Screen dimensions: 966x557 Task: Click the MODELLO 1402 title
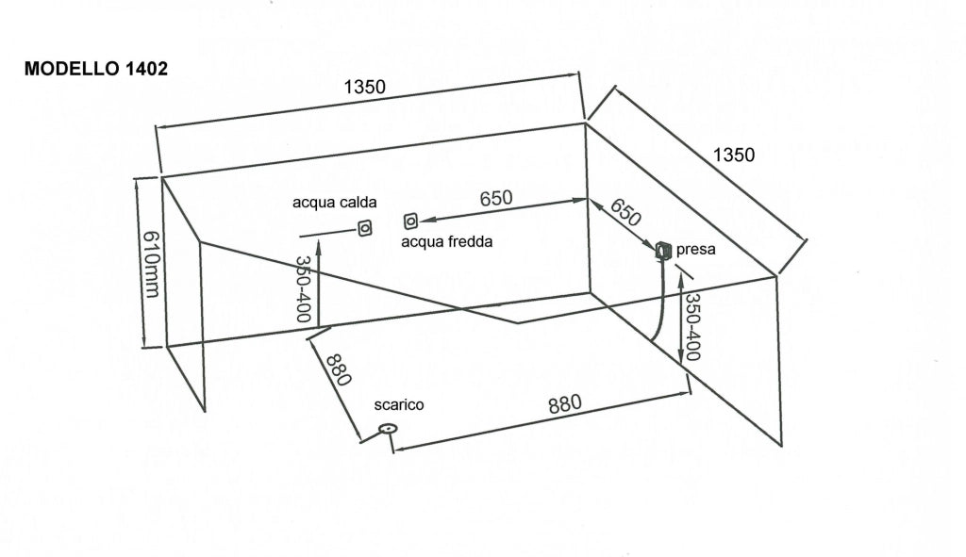click(95, 68)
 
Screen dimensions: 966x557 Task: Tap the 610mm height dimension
click(151, 264)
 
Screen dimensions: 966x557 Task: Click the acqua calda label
click(334, 203)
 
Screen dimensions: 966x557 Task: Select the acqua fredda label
click(446, 242)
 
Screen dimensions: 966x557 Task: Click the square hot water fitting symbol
click(365, 228)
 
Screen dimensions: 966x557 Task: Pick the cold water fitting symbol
click(410, 221)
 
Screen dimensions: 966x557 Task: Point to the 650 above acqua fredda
click(496, 198)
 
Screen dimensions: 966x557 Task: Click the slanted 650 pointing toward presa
click(625, 212)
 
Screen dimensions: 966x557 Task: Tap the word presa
click(695, 250)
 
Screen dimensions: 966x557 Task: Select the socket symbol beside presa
click(663, 250)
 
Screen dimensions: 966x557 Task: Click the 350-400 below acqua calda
click(303, 289)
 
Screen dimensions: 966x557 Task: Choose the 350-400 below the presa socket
click(692, 327)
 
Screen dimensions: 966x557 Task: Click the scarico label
click(399, 405)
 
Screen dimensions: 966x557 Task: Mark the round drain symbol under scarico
click(388, 429)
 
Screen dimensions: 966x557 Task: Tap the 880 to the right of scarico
click(564, 403)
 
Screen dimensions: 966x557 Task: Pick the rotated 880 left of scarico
click(339, 369)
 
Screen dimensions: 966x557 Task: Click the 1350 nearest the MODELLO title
click(364, 88)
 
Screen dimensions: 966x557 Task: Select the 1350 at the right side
click(734, 155)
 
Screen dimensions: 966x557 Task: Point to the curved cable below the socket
click(659, 300)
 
